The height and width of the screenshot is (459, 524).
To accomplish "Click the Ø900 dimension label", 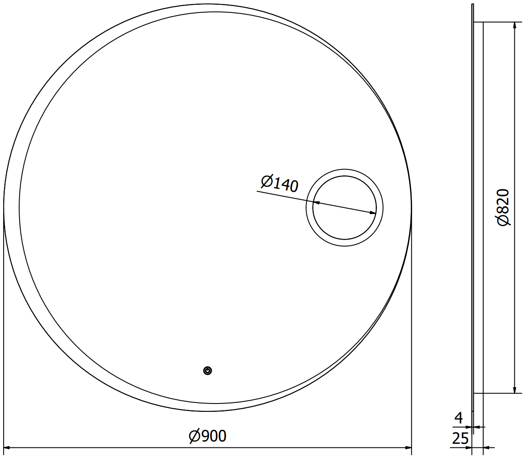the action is (x=207, y=436).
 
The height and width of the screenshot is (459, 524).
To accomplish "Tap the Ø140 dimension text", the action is (x=279, y=183).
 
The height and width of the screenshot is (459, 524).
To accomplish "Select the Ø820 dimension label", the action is (x=503, y=207).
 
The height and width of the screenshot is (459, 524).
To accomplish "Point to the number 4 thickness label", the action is (x=458, y=418).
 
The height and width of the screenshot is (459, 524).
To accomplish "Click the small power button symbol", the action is (x=207, y=371).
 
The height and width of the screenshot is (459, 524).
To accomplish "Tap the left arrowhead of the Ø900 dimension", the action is (x=7, y=447).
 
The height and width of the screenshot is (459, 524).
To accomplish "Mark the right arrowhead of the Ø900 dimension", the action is (x=408, y=447).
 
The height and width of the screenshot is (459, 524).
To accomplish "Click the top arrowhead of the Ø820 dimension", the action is (x=514, y=25).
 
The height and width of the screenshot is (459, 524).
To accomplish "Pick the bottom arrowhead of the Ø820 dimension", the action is (x=514, y=390).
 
